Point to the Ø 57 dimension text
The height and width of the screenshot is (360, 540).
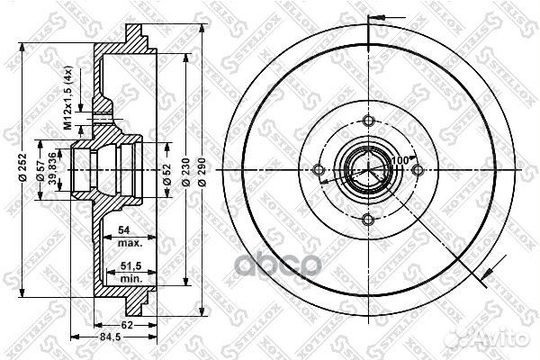41,168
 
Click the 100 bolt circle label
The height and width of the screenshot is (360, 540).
398,160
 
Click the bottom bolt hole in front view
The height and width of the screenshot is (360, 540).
367,220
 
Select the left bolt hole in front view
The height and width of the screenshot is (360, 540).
318,170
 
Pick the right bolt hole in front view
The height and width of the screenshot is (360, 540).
416,170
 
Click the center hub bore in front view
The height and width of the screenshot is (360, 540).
366,170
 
